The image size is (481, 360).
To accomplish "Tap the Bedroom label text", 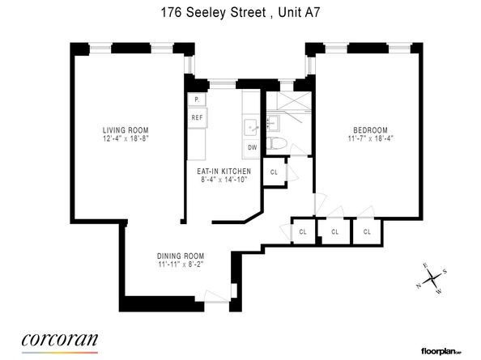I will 369,130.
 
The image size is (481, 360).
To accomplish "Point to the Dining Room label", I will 181,257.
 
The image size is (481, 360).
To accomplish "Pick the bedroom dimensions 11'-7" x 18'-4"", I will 369,139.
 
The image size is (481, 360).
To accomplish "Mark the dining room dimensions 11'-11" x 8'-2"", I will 181,265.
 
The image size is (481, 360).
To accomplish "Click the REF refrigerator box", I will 197,117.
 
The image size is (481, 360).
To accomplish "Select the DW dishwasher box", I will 252,147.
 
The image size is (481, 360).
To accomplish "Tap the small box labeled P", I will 195,100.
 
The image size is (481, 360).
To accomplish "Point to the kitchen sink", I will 250,126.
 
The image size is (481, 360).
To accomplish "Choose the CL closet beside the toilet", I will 274,172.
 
